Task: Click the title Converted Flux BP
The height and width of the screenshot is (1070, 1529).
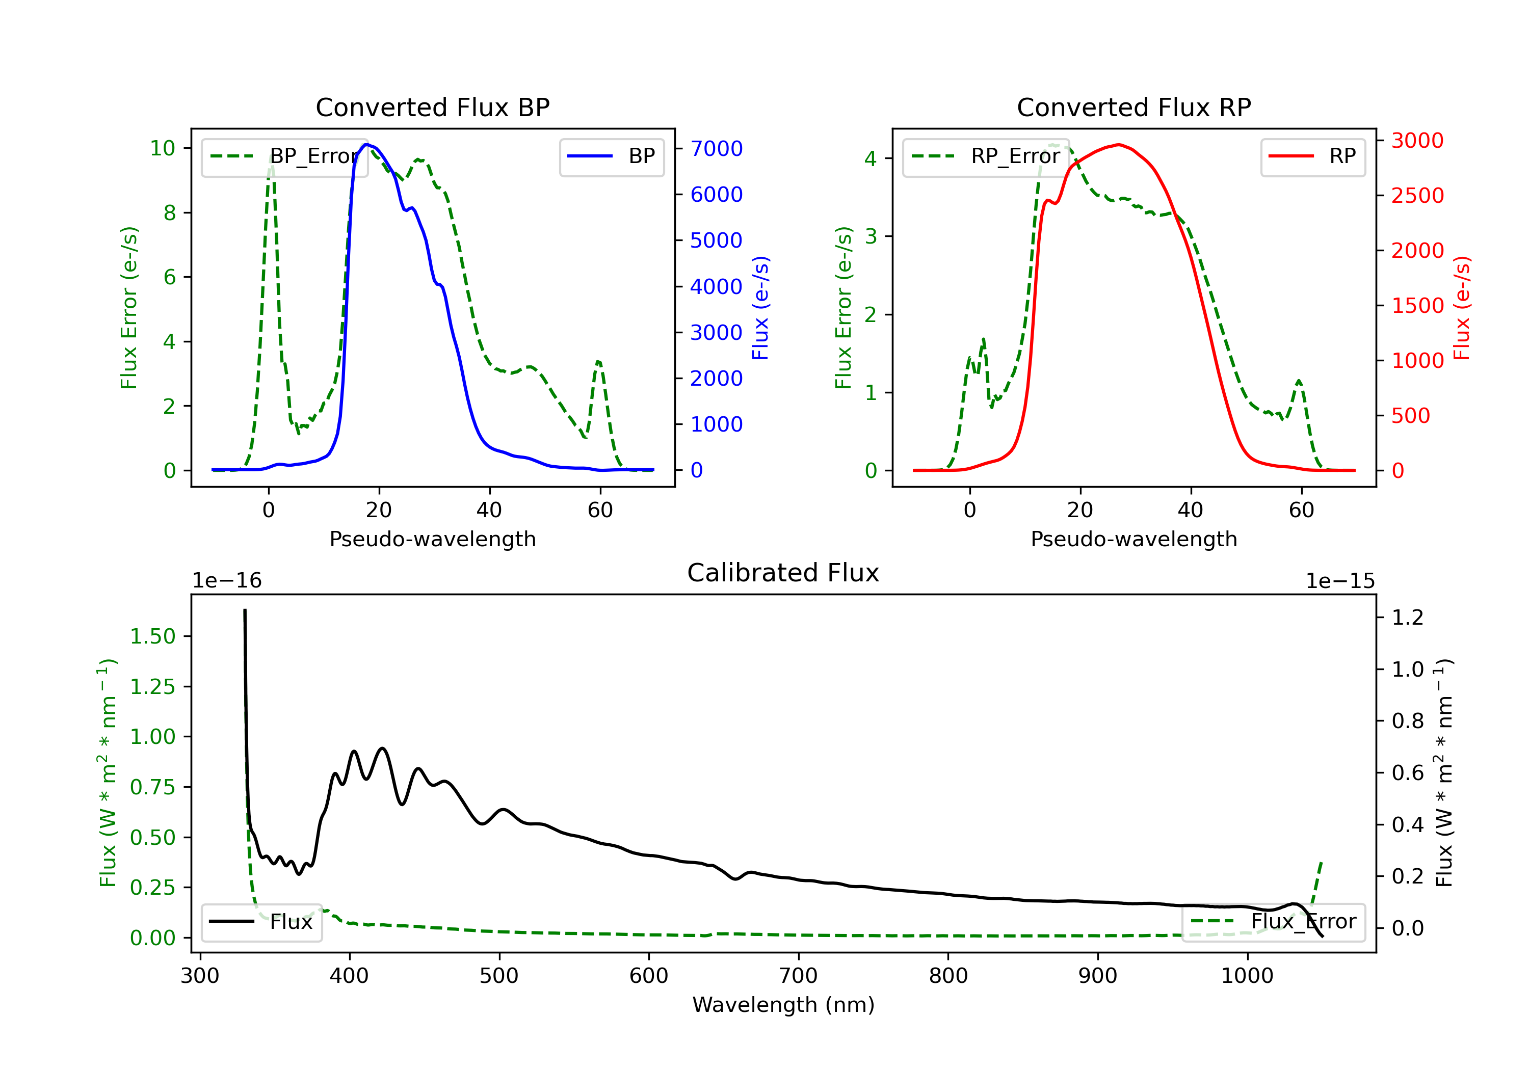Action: [432, 107]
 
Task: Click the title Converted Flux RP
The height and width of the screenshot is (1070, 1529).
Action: [1133, 107]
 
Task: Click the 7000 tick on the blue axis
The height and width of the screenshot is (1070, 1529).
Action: [716, 148]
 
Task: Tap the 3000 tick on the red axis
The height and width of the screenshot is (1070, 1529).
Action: [1417, 141]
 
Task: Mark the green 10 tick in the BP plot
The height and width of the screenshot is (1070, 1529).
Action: [163, 148]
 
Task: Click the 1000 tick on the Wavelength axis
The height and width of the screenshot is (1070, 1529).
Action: [1247, 976]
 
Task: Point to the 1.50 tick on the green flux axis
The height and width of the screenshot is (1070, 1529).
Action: [152, 636]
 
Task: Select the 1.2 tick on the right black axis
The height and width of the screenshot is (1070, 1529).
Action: [1407, 617]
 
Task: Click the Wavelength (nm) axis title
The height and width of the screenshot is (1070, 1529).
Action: [783, 1005]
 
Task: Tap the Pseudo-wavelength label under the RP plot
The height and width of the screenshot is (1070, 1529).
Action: [1133, 539]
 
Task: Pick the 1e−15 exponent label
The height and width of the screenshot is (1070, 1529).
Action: [1340, 581]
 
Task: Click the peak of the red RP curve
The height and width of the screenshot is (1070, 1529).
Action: [1119, 145]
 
